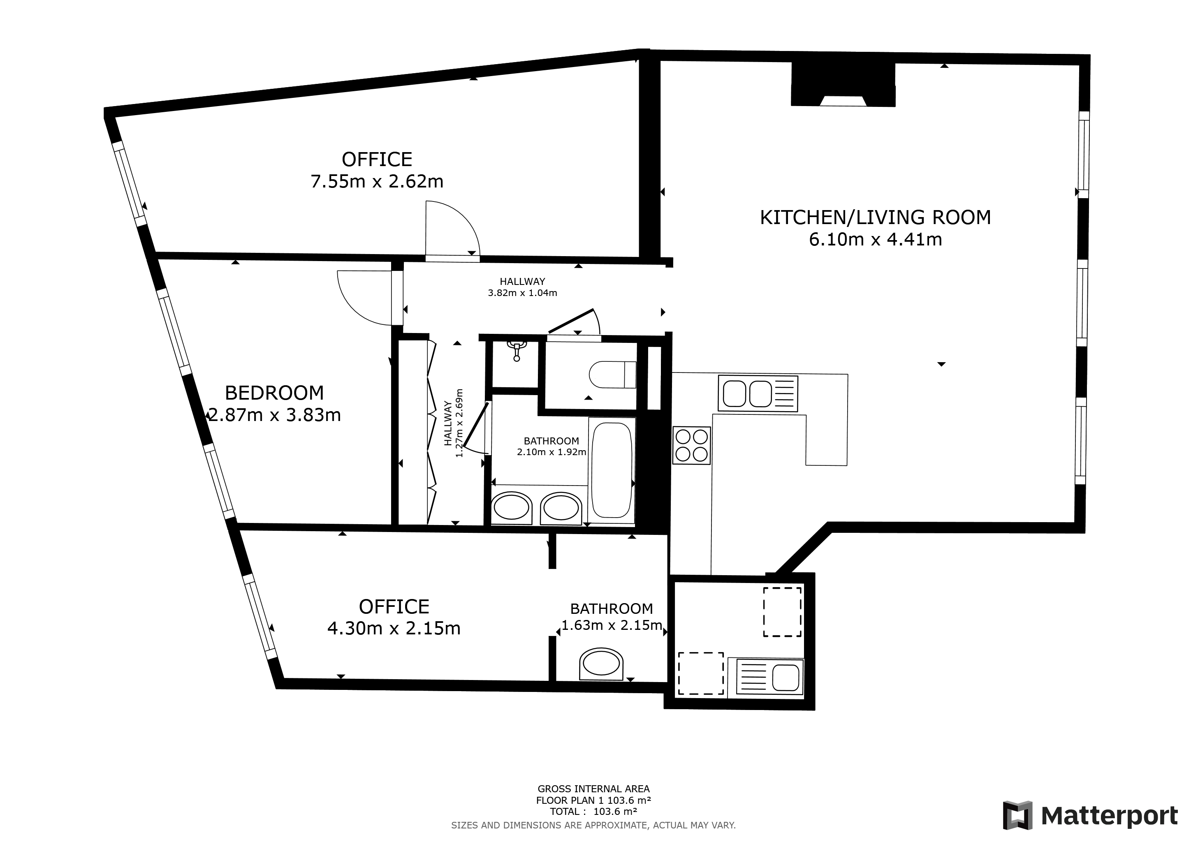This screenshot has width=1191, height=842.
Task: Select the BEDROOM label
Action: pyautogui.click(x=274, y=393)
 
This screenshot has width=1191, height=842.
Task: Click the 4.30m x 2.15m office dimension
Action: pyautogui.click(x=394, y=628)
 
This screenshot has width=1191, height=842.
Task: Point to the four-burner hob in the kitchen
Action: pyautogui.click(x=691, y=445)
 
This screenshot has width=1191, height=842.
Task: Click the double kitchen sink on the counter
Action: pyautogui.click(x=758, y=393)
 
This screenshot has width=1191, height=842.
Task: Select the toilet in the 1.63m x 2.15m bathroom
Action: pyautogui.click(x=601, y=664)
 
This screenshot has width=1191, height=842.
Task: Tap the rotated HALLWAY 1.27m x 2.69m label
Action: pyautogui.click(x=453, y=423)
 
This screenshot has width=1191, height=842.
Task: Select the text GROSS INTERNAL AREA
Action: pyautogui.click(x=593, y=789)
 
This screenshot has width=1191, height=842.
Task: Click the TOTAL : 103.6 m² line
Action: pyautogui.click(x=593, y=812)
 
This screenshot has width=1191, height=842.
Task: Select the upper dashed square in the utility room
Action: pyautogui.click(x=782, y=612)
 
